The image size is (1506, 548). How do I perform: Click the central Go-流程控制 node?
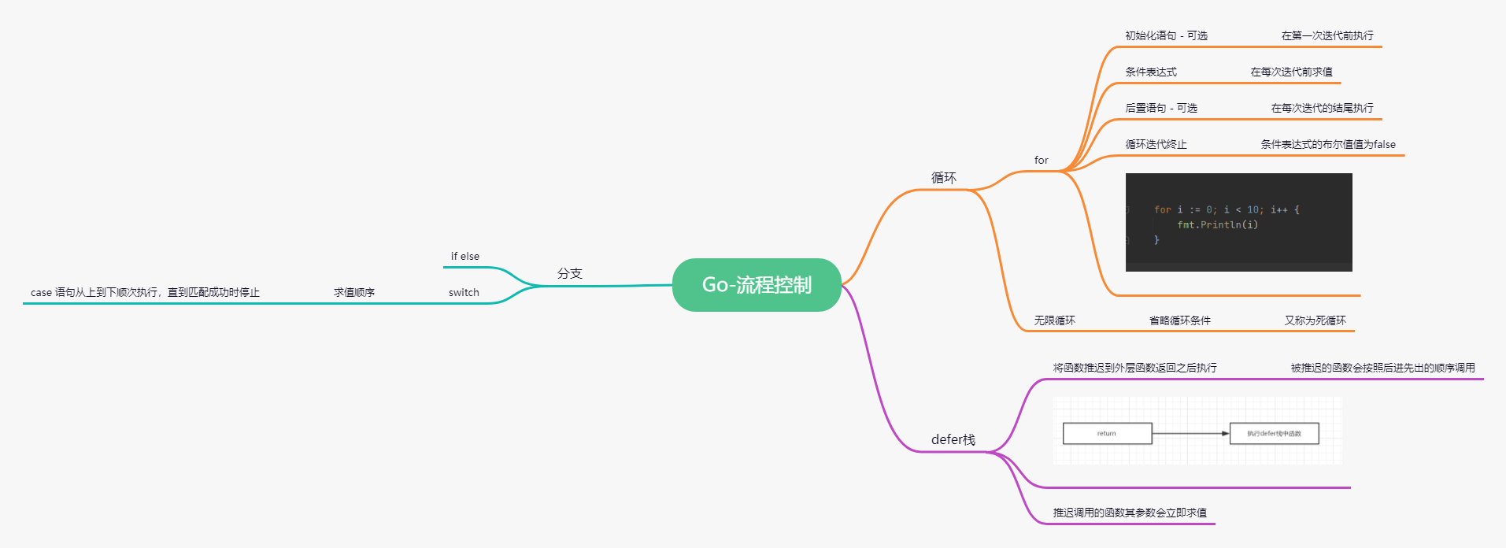757,285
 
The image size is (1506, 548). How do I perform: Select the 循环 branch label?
943,178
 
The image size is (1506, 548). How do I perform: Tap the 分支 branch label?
569,273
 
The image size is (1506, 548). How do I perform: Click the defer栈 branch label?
953,439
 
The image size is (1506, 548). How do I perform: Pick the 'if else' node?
464,256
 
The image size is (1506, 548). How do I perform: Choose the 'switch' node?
464,292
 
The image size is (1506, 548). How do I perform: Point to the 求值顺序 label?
353,292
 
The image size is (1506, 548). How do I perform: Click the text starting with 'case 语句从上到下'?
145,292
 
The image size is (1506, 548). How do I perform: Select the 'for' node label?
1041,160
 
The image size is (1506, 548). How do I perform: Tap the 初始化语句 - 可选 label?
1166,35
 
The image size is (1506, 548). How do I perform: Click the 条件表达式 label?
1150,72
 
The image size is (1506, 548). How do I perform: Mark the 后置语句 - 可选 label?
1160,108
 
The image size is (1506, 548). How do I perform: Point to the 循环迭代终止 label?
1156,144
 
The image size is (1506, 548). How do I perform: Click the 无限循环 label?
1054,320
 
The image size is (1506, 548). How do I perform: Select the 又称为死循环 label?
1315,320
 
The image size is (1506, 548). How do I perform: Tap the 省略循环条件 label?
1179,320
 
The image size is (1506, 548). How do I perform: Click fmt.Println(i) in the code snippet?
1217,225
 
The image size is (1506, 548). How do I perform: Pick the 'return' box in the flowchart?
1107,433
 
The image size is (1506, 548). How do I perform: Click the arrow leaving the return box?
1190,433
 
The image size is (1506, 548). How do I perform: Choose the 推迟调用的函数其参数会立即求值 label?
1130,513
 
